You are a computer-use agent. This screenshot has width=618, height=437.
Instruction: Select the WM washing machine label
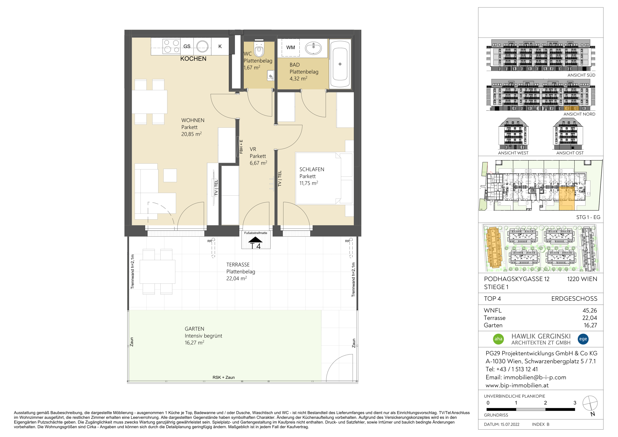(290, 48)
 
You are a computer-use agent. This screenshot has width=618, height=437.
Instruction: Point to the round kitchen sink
(202, 46)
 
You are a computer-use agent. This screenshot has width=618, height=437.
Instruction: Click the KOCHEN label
(193, 59)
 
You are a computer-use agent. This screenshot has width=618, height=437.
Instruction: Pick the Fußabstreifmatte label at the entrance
(256, 233)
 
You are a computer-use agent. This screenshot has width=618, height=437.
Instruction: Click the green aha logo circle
(498, 339)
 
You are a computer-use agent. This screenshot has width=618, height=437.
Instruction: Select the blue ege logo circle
(583, 339)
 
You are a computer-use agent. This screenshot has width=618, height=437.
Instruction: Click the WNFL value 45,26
(590, 311)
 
